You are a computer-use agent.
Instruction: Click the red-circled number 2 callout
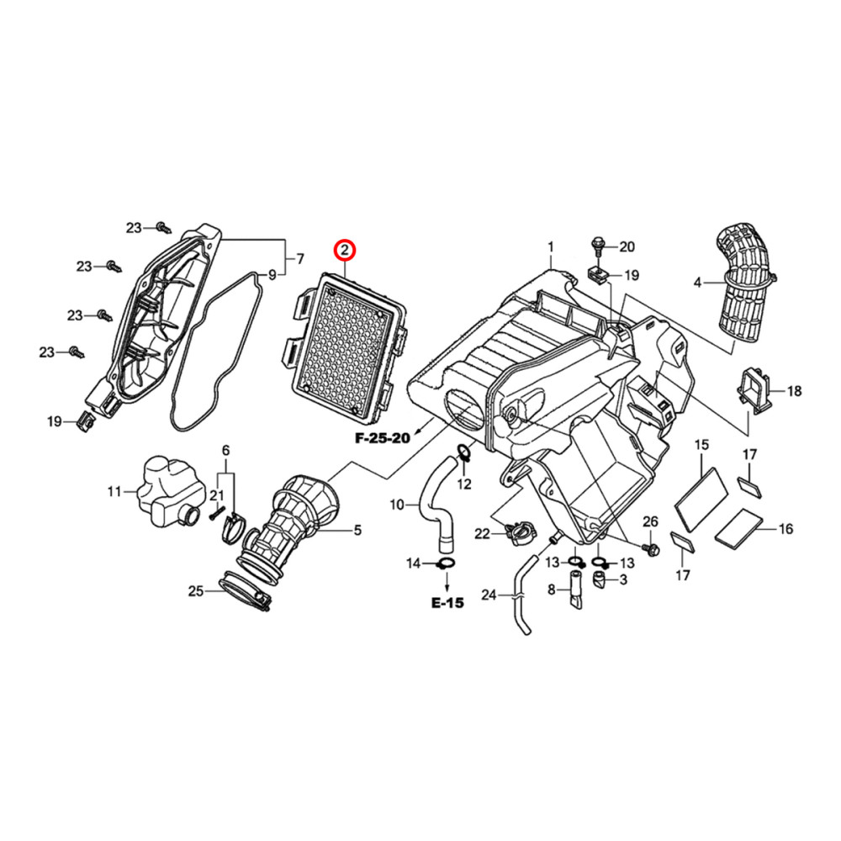(x=345, y=250)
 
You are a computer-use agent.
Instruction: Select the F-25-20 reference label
(x=383, y=438)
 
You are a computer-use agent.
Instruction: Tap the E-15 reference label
(x=447, y=603)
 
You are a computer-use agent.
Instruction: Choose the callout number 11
(x=114, y=491)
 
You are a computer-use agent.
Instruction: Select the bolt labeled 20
(x=597, y=247)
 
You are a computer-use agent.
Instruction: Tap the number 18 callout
(x=794, y=391)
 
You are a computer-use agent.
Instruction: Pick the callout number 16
(x=785, y=529)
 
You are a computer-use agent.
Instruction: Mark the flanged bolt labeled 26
(x=650, y=548)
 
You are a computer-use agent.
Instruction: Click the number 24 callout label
(x=489, y=595)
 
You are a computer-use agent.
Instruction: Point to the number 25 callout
(x=196, y=591)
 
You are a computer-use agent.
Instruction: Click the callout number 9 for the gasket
(x=272, y=275)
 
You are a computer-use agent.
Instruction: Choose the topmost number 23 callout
(x=134, y=228)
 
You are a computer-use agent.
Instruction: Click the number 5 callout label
(x=357, y=531)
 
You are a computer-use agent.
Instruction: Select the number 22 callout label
(x=482, y=534)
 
